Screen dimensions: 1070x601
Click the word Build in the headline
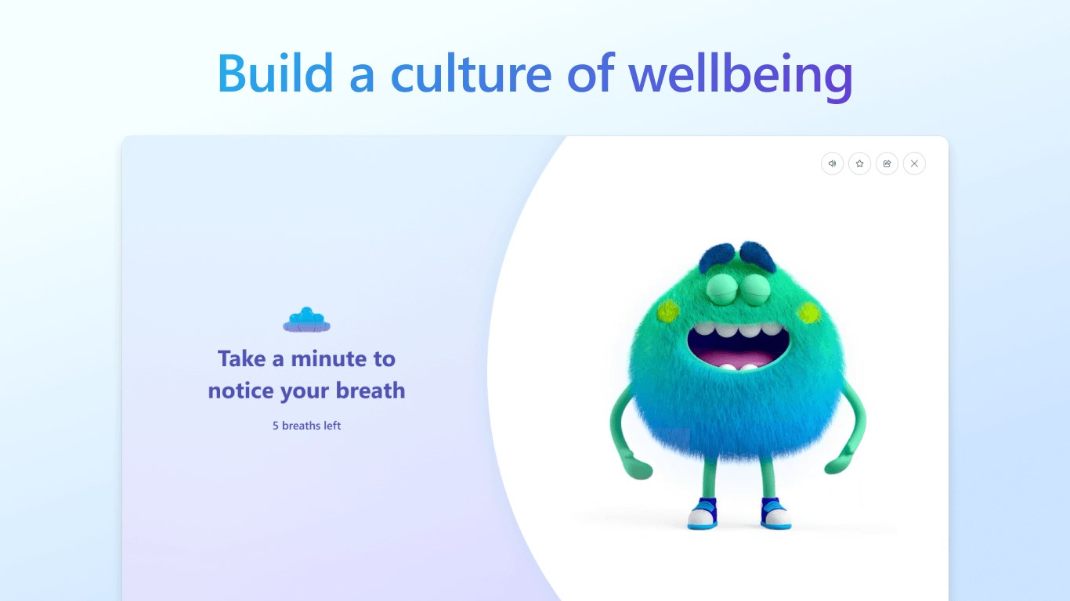[x=275, y=73]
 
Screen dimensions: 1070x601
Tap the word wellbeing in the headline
[x=741, y=77]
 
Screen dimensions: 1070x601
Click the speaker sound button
[x=832, y=164]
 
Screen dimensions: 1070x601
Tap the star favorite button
[x=859, y=164]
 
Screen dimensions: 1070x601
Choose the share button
[x=887, y=164]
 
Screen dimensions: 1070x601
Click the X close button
[x=914, y=164]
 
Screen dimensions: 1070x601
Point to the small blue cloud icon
[x=307, y=320]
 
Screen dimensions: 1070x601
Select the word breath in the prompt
[x=371, y=390]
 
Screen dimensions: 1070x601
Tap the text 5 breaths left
[x=307, y=426]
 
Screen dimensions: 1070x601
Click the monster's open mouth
[x=739, y=347]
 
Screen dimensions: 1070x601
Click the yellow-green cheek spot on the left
[x=668, y=311]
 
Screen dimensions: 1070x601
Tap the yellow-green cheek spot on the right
[x=808, y=313]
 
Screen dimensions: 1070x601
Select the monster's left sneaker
[x=703, y=513]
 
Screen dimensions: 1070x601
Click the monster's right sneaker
[x=775, y=513]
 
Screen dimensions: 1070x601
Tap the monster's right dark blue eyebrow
[x=758, y=255]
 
